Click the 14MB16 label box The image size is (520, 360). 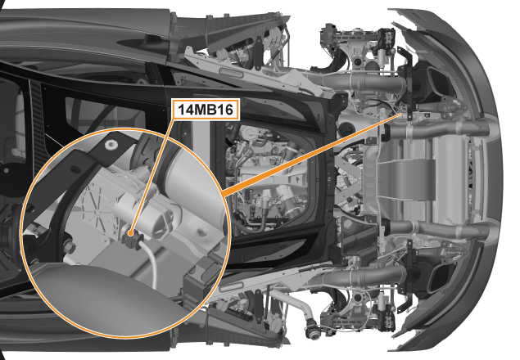pyautogui.click(x=206, y=109)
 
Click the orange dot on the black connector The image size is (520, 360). pyautogui.click(x=131, y=233)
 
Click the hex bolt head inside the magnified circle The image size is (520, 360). pyautogui.click(x=70, y=247)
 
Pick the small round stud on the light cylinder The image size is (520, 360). pyautogui.click(x=201, y=232)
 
